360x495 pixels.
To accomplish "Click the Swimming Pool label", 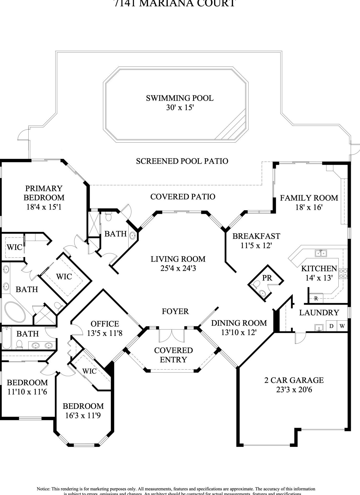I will point(180,98).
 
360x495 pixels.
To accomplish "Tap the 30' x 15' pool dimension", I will point(180,107).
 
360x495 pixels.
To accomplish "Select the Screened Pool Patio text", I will point(182,161).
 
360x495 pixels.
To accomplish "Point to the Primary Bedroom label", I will point(44,193).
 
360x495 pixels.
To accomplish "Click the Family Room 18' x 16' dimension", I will point(309,207).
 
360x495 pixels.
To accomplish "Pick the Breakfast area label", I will point(256,236).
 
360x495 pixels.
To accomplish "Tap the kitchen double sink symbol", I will point(321,253).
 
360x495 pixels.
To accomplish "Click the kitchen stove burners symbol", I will point(343,273).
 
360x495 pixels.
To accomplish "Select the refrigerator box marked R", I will point(316,298).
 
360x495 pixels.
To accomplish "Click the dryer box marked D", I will point(331,326).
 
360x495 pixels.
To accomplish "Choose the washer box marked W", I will point(342,326).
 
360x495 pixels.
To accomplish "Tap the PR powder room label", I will point(267,278).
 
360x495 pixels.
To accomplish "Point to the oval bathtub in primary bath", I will point(15,312).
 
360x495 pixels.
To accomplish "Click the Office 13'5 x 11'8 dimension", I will point(105,333).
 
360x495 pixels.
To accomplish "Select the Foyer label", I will point(175,311).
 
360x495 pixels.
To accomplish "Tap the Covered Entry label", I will point(173,355).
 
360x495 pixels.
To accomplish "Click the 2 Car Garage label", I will point(294,380).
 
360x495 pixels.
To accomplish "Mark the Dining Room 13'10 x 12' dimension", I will point(239,332).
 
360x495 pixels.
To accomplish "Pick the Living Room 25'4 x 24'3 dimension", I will point(178,268).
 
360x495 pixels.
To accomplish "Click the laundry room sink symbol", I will point(319,327).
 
